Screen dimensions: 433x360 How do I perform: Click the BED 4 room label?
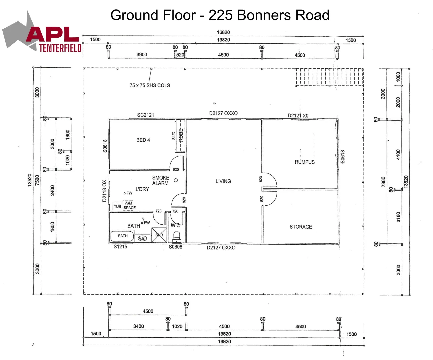point(143,140)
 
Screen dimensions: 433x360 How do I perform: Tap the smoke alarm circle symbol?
point(176,180)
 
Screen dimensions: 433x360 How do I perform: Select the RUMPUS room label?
point(305,162)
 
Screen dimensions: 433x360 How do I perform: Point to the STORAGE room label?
point(301,227)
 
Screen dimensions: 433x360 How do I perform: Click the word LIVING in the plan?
point(223,181)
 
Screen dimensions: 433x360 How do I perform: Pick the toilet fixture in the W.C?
point(177,237)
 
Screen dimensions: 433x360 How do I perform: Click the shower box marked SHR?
point(159,235)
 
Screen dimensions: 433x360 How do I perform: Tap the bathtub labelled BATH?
point(122,236)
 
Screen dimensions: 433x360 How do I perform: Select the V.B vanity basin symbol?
point(142,238)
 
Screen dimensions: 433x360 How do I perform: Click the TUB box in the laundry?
point(117,206)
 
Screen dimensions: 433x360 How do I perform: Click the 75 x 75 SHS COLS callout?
point(150,85)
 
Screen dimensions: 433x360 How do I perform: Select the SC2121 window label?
point(146,115)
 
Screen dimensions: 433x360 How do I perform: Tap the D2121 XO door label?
point(298,116)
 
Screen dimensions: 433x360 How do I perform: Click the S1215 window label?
point(120,247)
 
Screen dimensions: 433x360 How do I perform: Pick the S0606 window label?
point(175,247)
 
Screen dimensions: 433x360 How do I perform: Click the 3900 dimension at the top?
point(142,55)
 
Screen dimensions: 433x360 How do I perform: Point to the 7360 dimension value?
point(383,182)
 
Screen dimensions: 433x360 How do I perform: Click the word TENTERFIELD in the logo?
point(60,48)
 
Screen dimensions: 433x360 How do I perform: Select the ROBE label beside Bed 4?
point(181,135)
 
